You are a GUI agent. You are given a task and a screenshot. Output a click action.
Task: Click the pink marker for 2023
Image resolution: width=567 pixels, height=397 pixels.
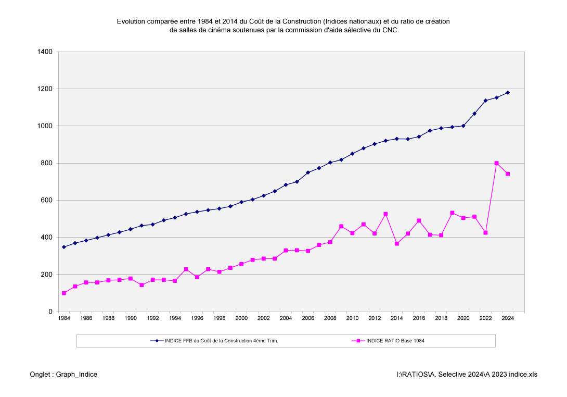[x=497, y=163]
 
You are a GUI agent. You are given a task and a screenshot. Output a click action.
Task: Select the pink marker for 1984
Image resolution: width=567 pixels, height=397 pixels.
[x=64, y=293]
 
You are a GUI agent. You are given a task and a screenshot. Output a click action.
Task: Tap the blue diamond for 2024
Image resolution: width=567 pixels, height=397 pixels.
[x=508, y=93]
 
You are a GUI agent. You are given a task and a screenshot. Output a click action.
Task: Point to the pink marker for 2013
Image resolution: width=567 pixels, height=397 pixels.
[x=385, y=214]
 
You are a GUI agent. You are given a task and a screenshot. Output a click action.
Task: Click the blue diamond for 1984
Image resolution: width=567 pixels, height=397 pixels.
[x=64, y=247]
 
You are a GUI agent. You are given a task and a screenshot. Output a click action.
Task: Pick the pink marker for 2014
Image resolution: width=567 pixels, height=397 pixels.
[x=397, y=243]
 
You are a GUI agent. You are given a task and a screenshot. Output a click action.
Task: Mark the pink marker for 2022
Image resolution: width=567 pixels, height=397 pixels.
[x=485, y=232]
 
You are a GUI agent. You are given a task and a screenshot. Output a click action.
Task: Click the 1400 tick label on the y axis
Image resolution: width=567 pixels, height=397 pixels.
[x=45, y=52]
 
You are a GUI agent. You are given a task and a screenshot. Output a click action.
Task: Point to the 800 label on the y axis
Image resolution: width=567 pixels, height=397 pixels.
[x=47, y=163]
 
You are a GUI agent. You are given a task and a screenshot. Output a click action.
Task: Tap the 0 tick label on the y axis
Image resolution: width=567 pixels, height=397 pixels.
[x=50, y=312]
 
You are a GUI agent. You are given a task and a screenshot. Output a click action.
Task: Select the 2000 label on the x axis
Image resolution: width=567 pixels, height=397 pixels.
[x=241, y=318]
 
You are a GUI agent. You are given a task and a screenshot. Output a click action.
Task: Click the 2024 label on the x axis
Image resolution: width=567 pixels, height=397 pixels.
[x=508, y=318]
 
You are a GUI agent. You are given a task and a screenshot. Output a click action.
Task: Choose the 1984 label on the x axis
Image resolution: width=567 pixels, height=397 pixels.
[x=64, y=318]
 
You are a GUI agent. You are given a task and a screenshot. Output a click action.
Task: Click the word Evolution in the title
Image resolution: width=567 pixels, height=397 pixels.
[x=131, y=21]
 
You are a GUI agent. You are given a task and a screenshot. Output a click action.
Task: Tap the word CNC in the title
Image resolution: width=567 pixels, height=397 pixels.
[x=390, y=30]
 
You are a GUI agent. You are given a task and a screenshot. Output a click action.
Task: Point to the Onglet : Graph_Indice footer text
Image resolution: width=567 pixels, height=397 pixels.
[x=63, y=374]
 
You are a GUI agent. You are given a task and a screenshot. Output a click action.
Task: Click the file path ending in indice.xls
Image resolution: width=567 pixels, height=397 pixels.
[x=467, y=374]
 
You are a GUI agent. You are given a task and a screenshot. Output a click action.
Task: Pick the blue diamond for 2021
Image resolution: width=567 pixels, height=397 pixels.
[x=474, y=114]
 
